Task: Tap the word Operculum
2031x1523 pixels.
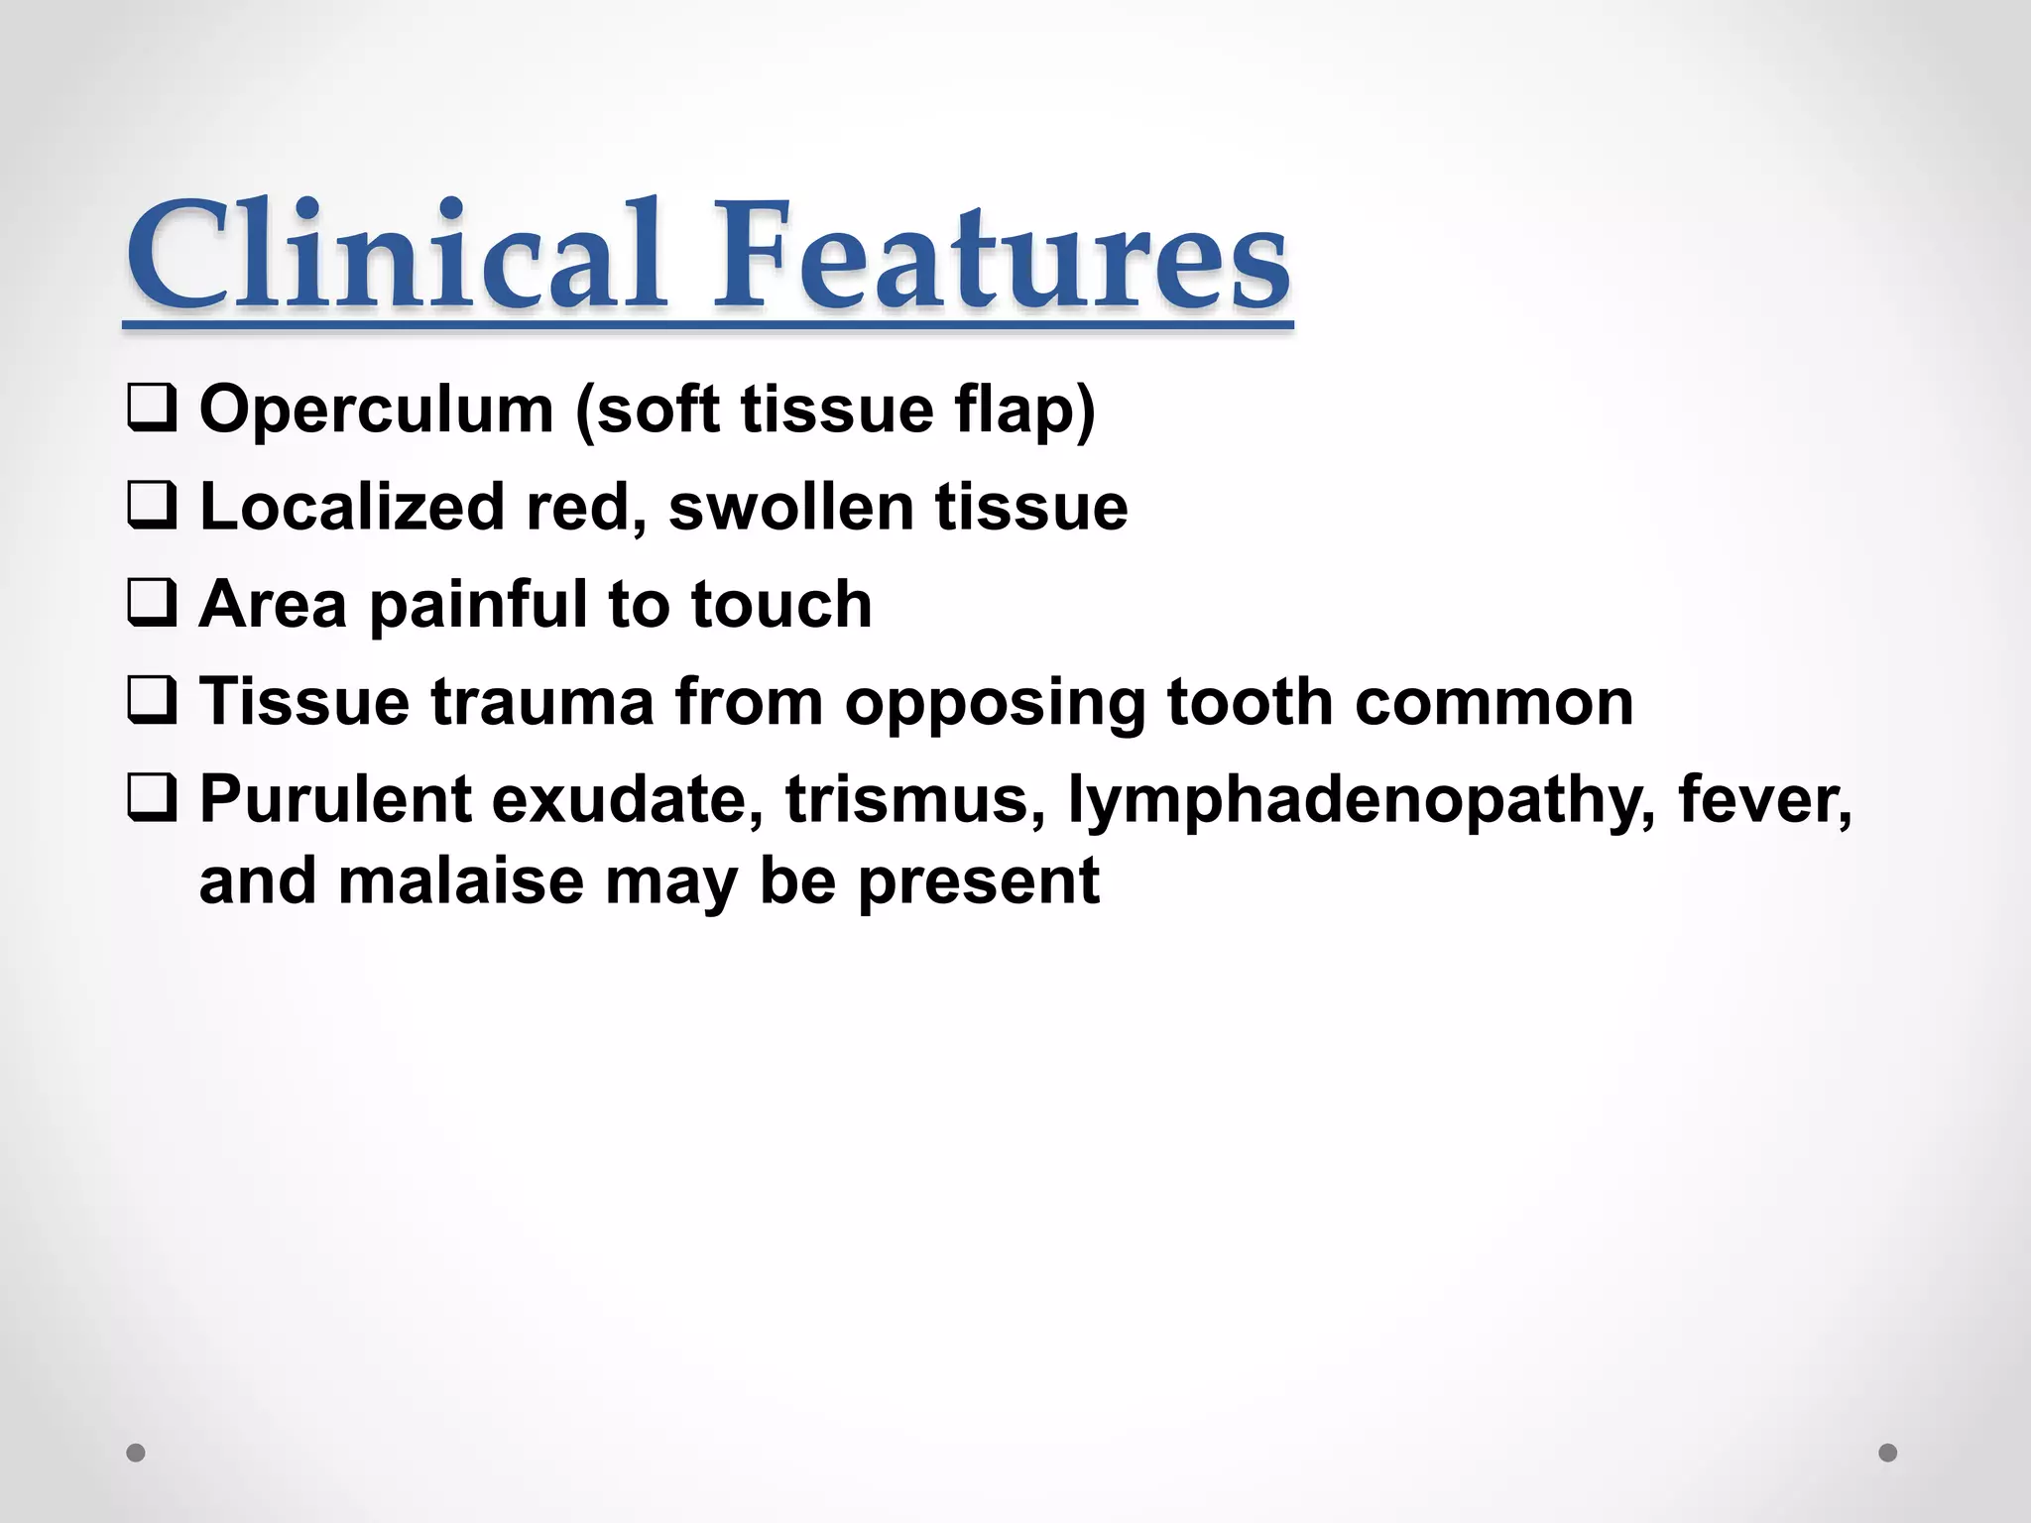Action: [376, 410]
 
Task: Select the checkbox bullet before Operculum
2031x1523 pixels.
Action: [152, 410]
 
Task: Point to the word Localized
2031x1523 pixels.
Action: [352, 507]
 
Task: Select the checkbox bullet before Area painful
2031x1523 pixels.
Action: [152, 604]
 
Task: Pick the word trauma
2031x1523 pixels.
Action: [541, 701]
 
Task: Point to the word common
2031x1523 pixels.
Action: [1493, 701]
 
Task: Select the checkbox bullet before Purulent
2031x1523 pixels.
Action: [152, 798]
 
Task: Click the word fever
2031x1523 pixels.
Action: [1764, 798]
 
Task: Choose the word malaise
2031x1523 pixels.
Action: [460, 879]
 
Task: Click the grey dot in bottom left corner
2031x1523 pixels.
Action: [136, 1453]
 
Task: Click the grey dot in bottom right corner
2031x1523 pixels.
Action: [1888, 1453]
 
